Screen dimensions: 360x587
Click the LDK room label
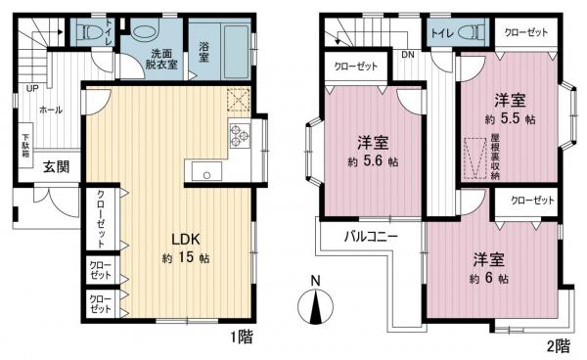click(x=186, y=238)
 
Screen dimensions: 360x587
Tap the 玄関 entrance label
click(x=55, y=166)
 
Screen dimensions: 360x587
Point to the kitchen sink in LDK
click(x=205, y=175)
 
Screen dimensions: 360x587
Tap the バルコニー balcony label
click(x=370, y=236)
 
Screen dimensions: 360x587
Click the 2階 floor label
click(x=557, y=346)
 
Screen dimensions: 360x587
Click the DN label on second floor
click(x=407, y=56)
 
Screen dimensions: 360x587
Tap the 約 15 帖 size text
click(x=186, y=258)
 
